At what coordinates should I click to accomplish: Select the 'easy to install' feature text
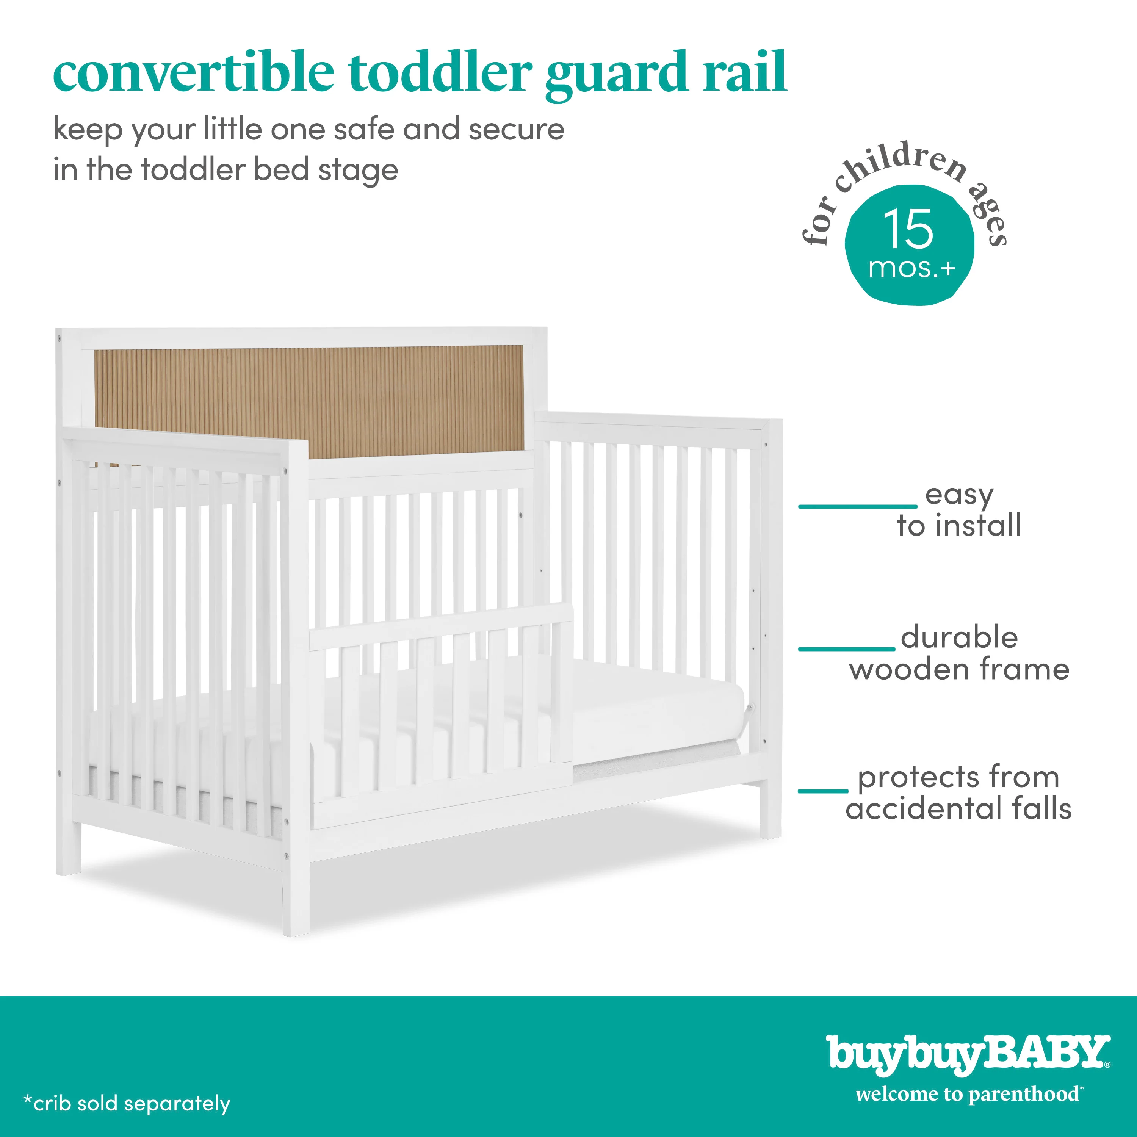(959, 510)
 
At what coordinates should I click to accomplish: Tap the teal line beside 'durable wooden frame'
(846, 648)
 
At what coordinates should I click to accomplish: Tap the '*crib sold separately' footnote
(127, 1103)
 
